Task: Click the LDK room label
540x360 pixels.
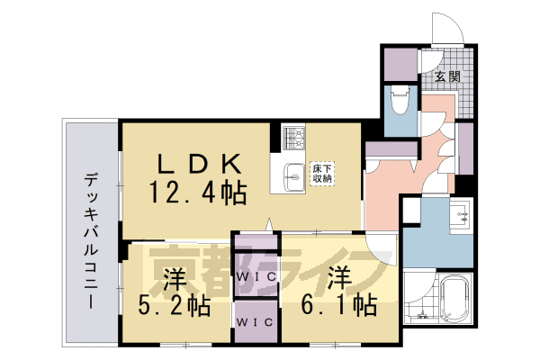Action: click(x=200, y=164)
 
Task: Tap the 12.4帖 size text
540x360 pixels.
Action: click(x=199, y=192)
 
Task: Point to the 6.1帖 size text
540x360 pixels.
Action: click(x=338, y=305)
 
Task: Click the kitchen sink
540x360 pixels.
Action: click(x=294, y=175)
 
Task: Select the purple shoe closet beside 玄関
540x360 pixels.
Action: click(x=397, y=62)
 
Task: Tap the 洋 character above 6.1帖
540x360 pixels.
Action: click(x=338, y=274)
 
